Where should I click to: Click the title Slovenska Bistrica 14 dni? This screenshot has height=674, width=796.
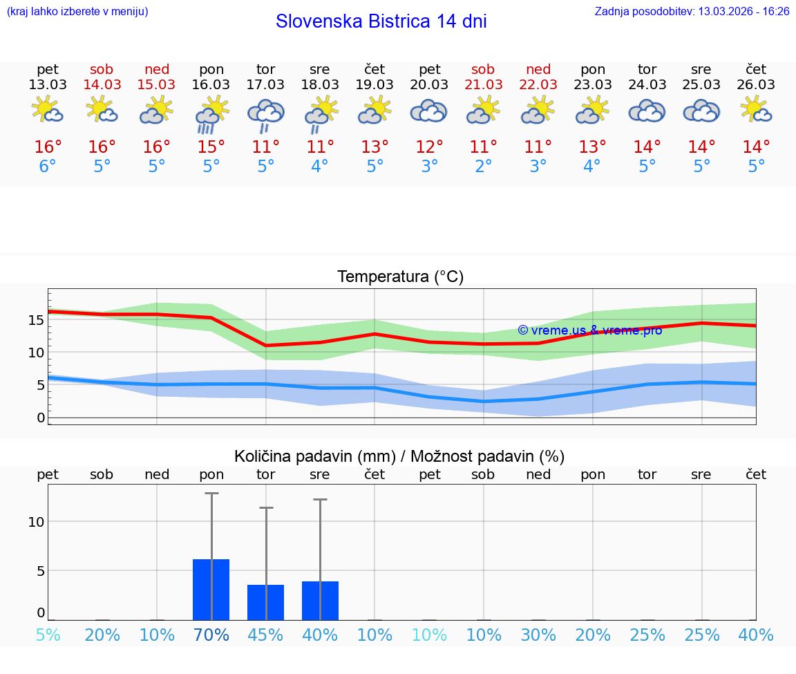coord(381,21)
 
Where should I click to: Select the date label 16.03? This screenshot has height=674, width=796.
coord(211,85)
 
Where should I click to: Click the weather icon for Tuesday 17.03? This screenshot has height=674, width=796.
coord(266,114)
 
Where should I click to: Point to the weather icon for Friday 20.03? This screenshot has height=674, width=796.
coord(429,111)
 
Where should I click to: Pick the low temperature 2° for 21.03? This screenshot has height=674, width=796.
coord(484,167)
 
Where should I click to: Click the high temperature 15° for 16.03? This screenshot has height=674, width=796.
coord(211,147)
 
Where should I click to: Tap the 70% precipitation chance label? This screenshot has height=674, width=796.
coord(211,635)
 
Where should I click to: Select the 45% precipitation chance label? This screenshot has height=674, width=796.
coord(266,635)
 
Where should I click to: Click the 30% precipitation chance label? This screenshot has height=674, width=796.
coord(538,635)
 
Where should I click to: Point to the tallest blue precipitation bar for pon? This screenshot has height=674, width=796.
coord(211,590)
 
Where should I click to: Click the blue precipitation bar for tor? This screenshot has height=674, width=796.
coord(266,602)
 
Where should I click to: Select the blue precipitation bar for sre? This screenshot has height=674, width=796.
coord(320,601)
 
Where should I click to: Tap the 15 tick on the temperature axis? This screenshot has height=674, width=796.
coord(37,320)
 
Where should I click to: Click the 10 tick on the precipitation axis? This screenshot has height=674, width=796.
coord(36,522)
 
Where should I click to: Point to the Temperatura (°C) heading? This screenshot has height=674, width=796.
coord(400,277)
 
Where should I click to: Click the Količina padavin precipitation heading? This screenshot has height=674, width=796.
coord(399,456)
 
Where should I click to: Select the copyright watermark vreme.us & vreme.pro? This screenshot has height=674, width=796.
coord(589,330)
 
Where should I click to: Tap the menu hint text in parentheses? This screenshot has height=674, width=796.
coord(77,12)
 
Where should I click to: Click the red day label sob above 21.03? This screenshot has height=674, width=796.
coord(483,69)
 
